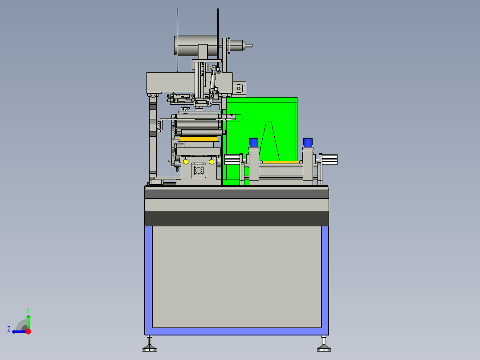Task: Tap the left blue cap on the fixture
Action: [254, 142]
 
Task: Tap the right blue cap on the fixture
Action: [308, 142]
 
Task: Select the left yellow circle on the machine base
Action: [186, 161]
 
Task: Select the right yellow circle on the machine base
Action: [212, 161]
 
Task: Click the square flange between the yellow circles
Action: [199, 170]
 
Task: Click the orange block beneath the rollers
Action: [198, 139]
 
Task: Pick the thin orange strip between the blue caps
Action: [281, 162]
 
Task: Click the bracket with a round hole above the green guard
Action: [239, 89]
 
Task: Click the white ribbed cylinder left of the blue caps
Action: [232, 160]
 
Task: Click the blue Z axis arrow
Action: [18, 331]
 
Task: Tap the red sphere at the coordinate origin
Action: [28, 331]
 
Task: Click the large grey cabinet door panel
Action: [236, 276]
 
